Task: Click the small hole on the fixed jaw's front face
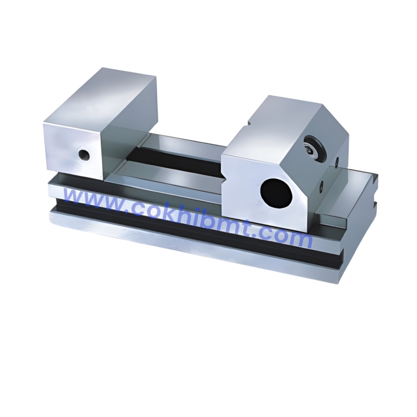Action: (84, 154)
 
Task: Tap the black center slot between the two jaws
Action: (180, 158)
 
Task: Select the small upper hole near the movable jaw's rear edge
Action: (336, 163)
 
